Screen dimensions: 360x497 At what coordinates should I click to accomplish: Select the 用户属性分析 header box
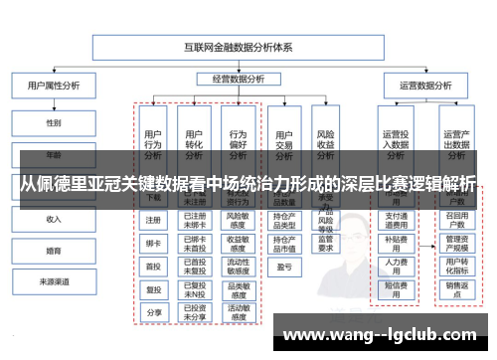click(53, 87)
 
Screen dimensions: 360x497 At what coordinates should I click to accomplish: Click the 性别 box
click(54, 122)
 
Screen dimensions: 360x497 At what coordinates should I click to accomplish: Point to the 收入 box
click(54, 219)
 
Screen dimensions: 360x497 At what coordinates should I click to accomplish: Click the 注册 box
click(152, 220)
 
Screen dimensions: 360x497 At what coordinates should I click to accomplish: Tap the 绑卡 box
click(152, 243)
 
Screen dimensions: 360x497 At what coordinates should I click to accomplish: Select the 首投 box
click(152, 266)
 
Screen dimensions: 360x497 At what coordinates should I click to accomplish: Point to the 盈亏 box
click(283, 266)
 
